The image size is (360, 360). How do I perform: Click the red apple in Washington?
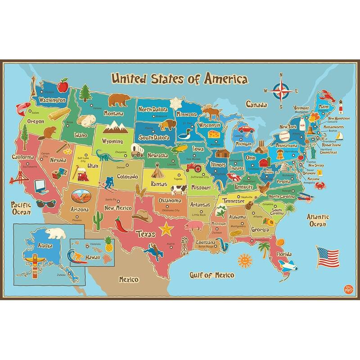tap(63, 85)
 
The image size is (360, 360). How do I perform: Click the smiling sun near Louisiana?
tap(243, 260)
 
